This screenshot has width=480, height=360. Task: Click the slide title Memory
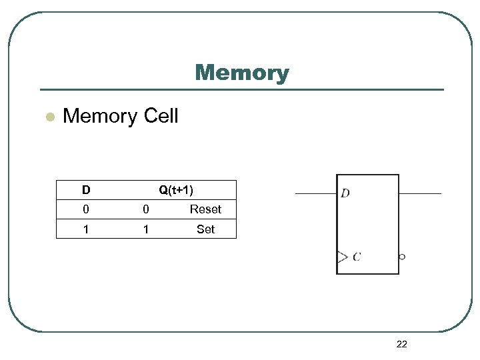coord(241,73)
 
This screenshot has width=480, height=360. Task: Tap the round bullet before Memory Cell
coord(48,117)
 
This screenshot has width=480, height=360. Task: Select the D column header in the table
coord(86,190)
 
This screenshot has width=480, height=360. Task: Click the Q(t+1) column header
coord(176,190)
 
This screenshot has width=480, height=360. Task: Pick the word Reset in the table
coord(205,209)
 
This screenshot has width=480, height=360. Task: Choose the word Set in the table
coord(205,229)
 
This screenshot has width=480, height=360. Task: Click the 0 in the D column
coord(86,209)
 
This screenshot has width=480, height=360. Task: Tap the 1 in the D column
coord(86,229)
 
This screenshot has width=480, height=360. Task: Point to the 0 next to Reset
coord(146,209)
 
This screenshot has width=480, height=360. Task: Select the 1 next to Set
coord(146,229)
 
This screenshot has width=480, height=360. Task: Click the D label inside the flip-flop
coord(345,193)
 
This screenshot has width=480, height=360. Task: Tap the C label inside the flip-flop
coord(357,257)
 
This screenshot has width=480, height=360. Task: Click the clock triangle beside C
coord(342,257)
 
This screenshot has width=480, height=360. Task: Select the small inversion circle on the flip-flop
coord(402,257)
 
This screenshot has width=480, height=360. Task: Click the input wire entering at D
coord(316,193)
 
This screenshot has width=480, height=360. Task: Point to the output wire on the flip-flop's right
coord(420,193)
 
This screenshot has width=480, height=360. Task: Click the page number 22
coord(401,344)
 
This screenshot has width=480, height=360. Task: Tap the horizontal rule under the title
coord(241,89)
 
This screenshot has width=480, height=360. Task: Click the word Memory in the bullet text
coord(100,116)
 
